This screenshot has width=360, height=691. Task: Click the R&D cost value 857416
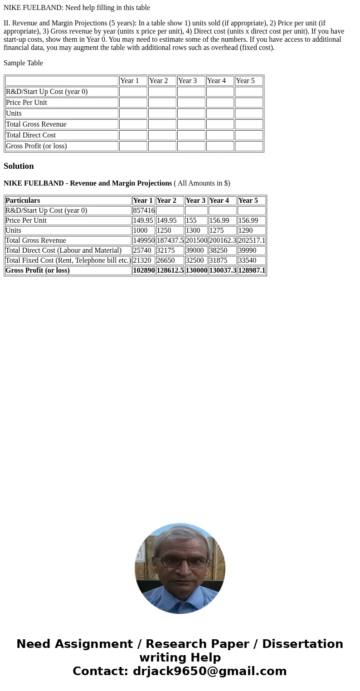tap(144, 211)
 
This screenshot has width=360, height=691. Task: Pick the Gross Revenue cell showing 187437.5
tap(170, 240)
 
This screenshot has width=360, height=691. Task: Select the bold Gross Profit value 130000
tap(196, 270)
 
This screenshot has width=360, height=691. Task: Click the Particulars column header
tap(23, 201)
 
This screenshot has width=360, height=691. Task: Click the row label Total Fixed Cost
tap(68, 260)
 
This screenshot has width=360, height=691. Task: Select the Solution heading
tap(19, 166)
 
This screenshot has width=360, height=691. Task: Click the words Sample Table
tap(23, 63)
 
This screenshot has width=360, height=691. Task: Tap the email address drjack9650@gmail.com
tap(209, 671)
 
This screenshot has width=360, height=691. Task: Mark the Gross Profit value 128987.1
tap(252, 270)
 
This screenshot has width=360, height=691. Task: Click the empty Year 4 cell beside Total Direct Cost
tap(220, 135)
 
